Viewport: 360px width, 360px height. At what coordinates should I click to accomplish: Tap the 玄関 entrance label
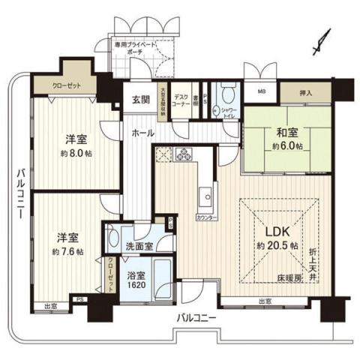click(x=142, y=99)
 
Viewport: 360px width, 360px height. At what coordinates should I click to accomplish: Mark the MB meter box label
click(x=262, y=92)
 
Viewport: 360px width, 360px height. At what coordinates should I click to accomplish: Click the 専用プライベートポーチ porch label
click(x=136, y=48)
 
